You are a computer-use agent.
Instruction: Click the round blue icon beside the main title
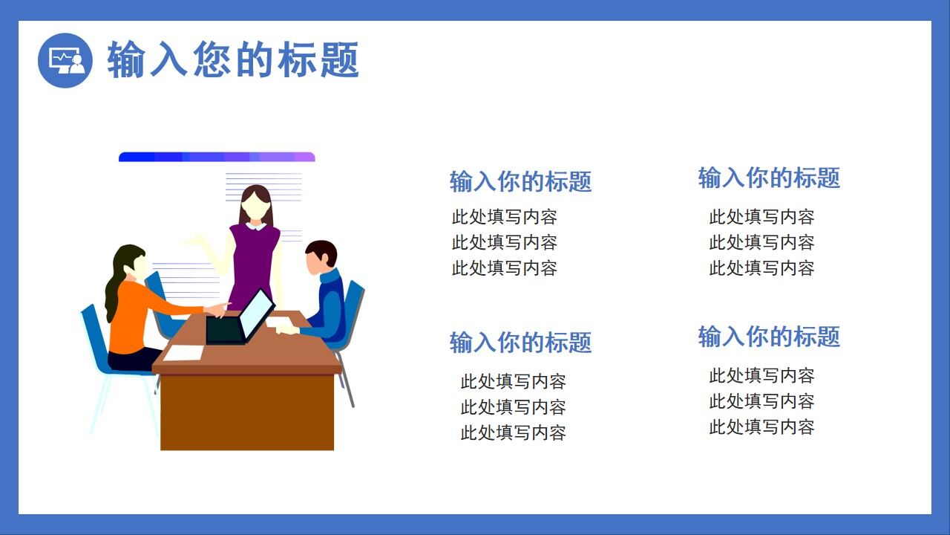(x=65, y=60)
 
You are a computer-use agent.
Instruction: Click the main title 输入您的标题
(x=233, y=60)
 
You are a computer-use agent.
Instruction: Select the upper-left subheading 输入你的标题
(x=520, y=181)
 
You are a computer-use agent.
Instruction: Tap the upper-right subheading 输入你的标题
(x=769, y=178)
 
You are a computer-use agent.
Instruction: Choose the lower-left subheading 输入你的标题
(x=520, y=343)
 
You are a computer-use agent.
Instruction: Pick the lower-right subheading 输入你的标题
(x=769, y=337)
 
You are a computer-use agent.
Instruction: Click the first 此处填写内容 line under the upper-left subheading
(x=504, y=217)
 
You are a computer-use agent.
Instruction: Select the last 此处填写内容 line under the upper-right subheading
(x=761, y=267)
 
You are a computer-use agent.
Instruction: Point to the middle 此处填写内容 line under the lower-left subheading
(x=513, y=407)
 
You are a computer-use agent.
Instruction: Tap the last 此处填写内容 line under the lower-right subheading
(x=761, y=427)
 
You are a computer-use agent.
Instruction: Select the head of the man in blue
(x=321, y=256)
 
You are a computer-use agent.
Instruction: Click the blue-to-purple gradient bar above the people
(x=217, y=157)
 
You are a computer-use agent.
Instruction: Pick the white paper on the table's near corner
(x=183, y=353)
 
